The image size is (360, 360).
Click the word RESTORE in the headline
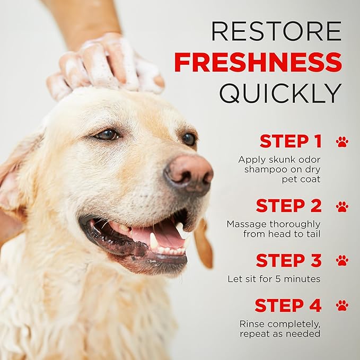coord(276,31)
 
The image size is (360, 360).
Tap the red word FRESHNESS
coord(258,63)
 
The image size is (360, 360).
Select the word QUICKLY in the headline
coord(280,93)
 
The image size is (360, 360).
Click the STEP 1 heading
coord(291,142)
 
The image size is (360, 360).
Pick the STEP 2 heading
coord(289,205)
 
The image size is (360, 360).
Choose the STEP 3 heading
coord(289,260)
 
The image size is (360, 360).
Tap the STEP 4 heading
coord(288,305)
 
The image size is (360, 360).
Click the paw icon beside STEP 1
coord(342,142)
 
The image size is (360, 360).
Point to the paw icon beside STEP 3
coord(342,260)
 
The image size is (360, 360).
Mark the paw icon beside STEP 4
coord(342,305)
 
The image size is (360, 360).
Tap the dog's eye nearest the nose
coord(189,139)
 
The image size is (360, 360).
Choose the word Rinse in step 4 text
coord(252,324)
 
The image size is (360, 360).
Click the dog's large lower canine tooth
coord(154,242)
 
